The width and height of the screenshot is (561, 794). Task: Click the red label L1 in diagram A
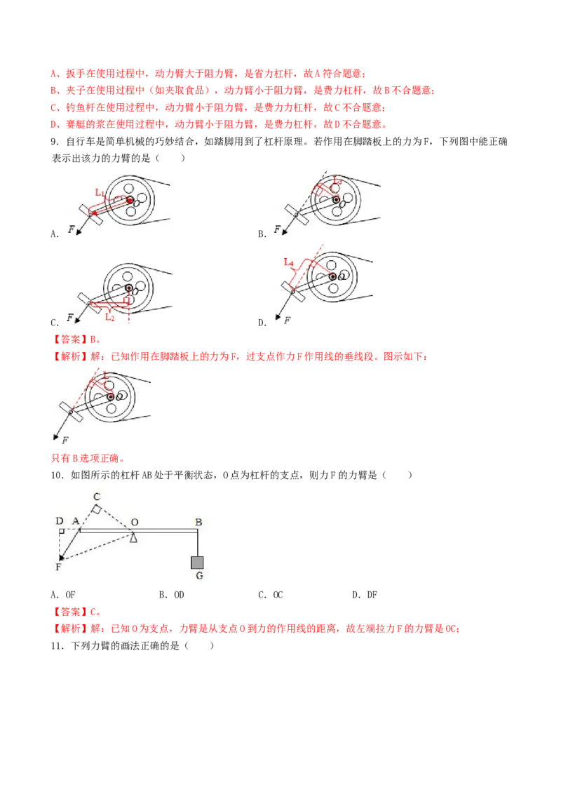[x=100, y=192]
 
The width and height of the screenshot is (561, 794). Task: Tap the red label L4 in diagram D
[x=289, y=262]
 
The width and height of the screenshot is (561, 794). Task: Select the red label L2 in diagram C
[x=110, y=317]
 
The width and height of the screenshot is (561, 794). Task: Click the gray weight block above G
[x=198, y=562]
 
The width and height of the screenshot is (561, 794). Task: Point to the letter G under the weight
[x=199, y=576]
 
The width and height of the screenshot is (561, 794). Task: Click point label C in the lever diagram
[x=97, y=497]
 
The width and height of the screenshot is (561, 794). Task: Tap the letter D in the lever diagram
[x=59, y=520]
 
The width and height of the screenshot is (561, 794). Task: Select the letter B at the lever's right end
[x=198, y=522]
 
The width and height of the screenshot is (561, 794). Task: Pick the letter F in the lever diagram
[x=58, y=567]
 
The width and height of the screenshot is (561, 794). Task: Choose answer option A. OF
[x=63, y=595]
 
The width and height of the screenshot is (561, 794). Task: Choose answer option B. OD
[x=172, y=595]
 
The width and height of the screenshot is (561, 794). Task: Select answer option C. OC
[x=271, y=595]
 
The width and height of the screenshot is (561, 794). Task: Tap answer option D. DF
[x=365, y=595]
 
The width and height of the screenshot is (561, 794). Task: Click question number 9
[x=55, y=141]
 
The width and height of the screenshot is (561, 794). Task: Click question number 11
[x=58, y=645]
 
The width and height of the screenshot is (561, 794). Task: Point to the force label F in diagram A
[x=71, y=229]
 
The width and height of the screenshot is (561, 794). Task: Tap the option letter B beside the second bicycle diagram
[x=262, y=234]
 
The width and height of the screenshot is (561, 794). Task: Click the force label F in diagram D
[x=287, y=320]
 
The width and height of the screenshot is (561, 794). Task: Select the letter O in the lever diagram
[x=135, y=522]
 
